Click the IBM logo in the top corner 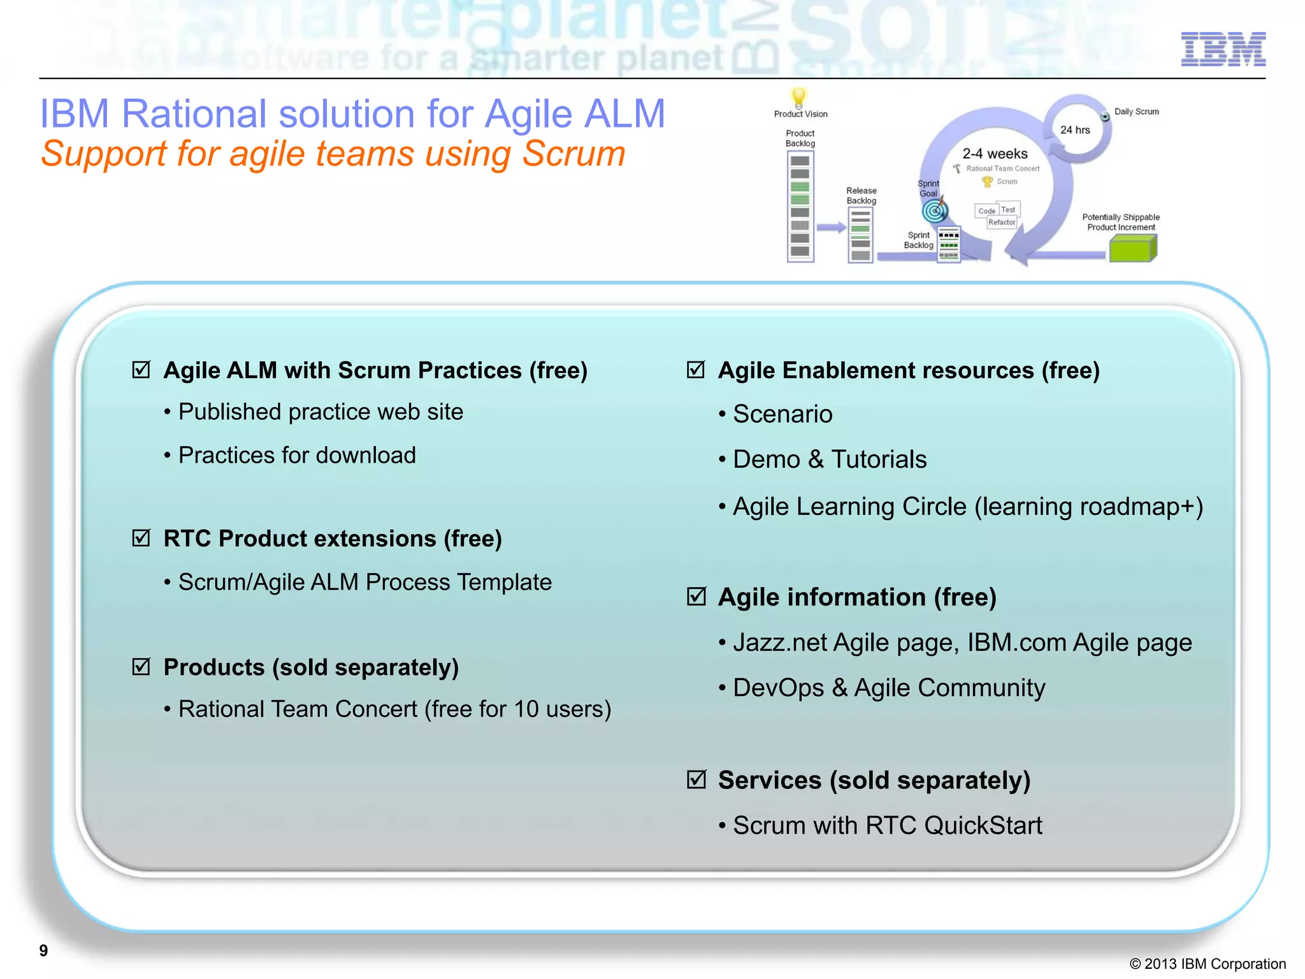coord(1223,49)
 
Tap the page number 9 coord(43,950)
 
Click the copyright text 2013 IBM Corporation coord(1208,964)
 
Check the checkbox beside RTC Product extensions coord(141,538)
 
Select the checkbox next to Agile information coord(696,597)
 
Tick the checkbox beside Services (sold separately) coord(696,779)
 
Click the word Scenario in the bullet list coord(782,414)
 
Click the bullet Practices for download coord(297,455)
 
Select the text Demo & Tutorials coord(830,460)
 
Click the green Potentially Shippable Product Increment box coord(1133,248)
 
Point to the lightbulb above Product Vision coord(798,98)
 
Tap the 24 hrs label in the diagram coord(1075,130)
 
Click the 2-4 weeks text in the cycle coord(995,154)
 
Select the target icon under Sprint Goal coord(935,210)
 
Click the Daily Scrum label coord(1136,112)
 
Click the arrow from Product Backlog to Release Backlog coord(831,228)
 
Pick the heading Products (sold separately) coord(311,667)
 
